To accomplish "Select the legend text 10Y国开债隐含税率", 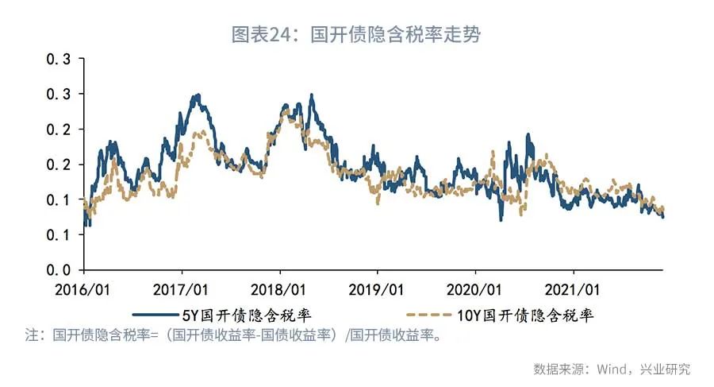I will pyautogui.click(x=527, y=315).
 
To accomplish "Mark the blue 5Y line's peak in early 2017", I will pyautogui.click(x=197, y=96).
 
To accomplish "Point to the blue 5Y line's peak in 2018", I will pyautogui.click(x=312, y=96).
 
